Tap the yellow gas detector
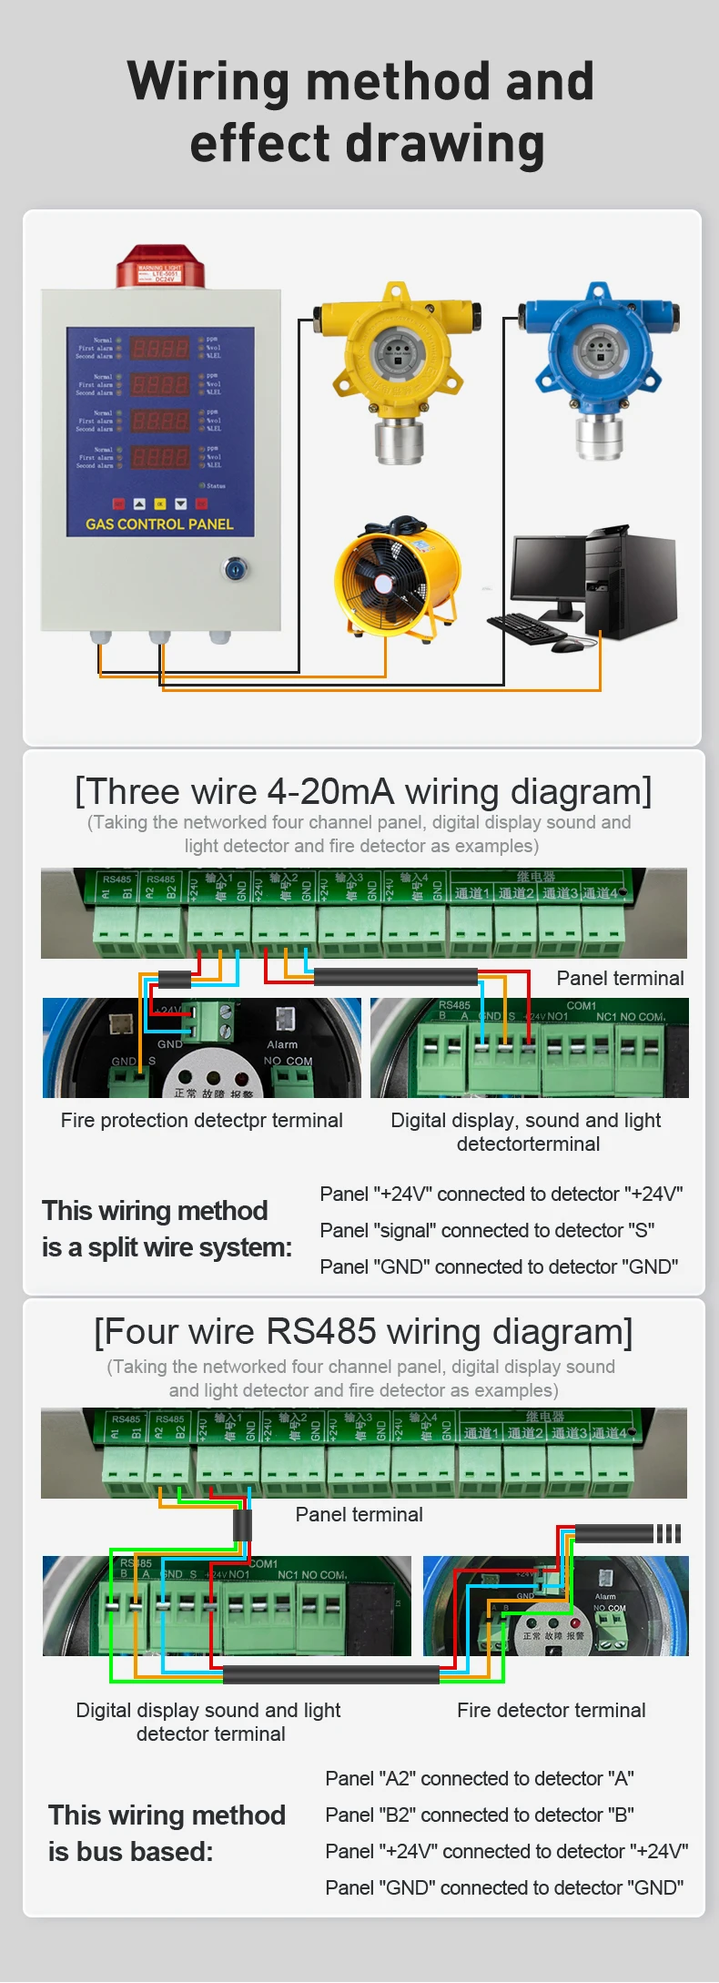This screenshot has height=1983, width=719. pos(397,364)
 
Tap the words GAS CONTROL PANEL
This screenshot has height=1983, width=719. pos(159,524)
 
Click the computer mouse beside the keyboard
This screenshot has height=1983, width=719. pos(566,645)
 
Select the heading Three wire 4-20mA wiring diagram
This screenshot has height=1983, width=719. pos(363,792)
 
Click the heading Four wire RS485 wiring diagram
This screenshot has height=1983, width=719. pos(363,1332)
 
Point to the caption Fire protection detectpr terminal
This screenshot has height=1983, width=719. pos(201,1121)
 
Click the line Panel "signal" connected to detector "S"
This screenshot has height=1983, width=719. pos(487,1231)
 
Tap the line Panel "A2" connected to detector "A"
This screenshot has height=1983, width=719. pos(479,1778)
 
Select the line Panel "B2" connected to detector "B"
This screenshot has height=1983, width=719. pos(479,1815)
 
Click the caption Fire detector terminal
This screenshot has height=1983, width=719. pos(551,1711)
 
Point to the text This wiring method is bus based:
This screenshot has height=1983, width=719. pos(167,1833)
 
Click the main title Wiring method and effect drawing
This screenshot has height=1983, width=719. pos(361,112)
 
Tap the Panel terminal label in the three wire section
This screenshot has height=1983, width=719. pos(620,979)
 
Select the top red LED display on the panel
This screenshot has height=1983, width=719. pos(160,348)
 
